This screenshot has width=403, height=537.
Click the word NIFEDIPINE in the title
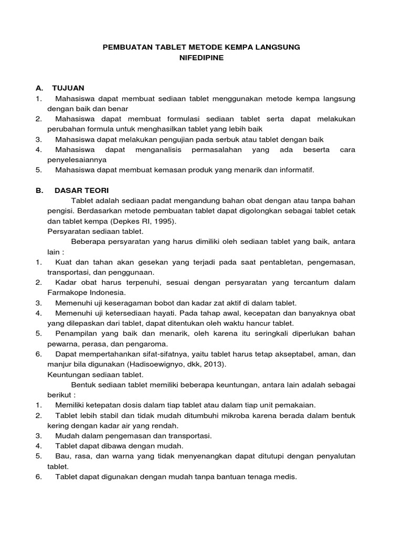(x=201, y=58)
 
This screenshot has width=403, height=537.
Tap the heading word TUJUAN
(x=68, y=87)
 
